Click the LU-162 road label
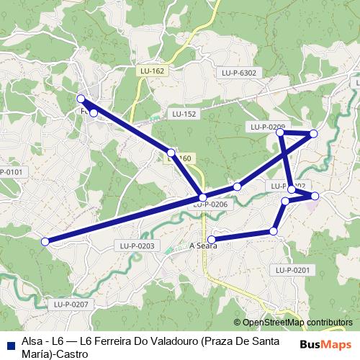153,71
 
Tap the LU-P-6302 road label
239,73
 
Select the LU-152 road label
184,114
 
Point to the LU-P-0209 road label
267,127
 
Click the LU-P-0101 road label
11,172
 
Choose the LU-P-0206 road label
210,204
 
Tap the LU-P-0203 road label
137,246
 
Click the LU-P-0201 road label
292,270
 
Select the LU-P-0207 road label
71,305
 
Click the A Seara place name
202,246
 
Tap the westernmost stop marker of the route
45,242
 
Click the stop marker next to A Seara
212,239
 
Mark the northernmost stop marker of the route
81,99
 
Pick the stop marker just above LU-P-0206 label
203,197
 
